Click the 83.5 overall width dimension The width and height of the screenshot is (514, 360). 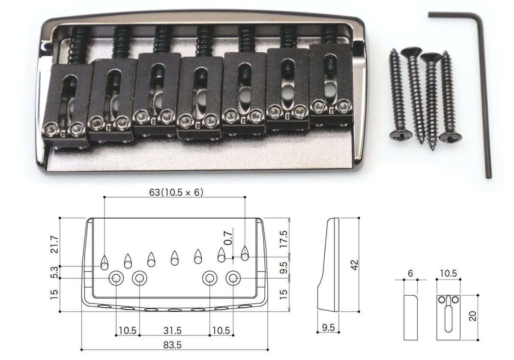pos(172,345)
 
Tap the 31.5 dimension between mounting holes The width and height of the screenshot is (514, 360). pos(172,330)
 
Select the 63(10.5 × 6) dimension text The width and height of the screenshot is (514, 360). pos(176,192)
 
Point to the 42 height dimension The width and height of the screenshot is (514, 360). pos(355,265)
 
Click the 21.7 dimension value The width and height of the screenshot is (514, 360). pos(55,244)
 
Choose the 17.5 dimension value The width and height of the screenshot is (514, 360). pos(284,239)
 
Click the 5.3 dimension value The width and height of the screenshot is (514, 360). pos(55,272)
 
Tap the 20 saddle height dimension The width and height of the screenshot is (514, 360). pos(473,316)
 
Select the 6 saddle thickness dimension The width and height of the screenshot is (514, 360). pos(410,273)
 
